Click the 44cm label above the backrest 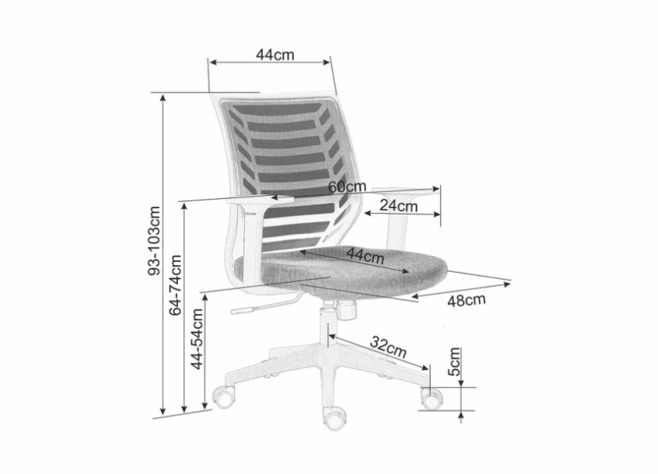pos(275,54)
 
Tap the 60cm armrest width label pos(347,187)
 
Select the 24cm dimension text pos(399,206)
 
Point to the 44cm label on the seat pos(365,255)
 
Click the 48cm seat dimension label pos(466,300)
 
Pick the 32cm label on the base pos(388,347)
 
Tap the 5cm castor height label pos(454,361)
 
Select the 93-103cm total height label pos(155,241)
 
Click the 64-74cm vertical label pos(175,285)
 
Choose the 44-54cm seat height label pos(197,339)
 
